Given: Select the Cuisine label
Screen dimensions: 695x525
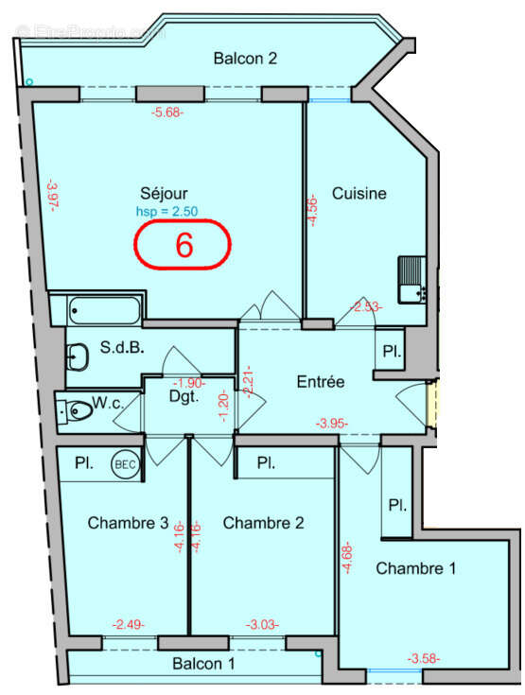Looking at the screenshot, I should [359, 194].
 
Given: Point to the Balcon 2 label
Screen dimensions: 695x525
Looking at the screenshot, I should [244, 59].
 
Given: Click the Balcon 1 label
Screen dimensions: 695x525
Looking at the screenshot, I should [203, 664].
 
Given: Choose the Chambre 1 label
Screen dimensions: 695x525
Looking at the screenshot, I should [415, 568].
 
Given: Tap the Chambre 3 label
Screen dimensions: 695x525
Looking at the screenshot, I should [129, 523].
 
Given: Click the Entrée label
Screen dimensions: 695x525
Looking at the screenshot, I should [321, 382].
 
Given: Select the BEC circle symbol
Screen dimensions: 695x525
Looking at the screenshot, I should [124, 464].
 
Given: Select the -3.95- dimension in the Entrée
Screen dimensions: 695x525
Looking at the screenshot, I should [332, 423].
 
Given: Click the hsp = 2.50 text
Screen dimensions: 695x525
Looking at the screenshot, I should [166, 212].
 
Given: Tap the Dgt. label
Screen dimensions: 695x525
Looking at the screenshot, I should [183, 398].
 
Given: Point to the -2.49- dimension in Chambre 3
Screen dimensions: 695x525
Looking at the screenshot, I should [128, 624].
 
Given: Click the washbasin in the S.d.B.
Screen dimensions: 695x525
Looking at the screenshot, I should [77, 356].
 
